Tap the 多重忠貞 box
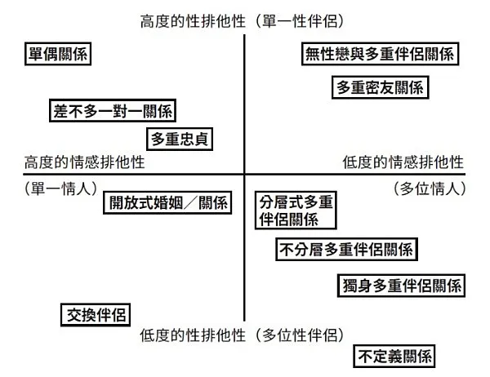(x=180, y=139)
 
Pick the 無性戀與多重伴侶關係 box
(x=378, y=55)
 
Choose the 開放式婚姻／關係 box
(x=169, y=202)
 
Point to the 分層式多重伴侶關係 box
(x=296, y=211)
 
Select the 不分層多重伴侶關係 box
(x=347, y=250)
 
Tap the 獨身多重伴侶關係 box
(x=401, y=286)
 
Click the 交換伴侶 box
(x=95, y=313)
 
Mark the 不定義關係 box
(x=394, y=356)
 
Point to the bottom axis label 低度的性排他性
(x=193, y=335)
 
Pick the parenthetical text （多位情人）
(x=429, y=188)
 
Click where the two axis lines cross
(x=245, y=175)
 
